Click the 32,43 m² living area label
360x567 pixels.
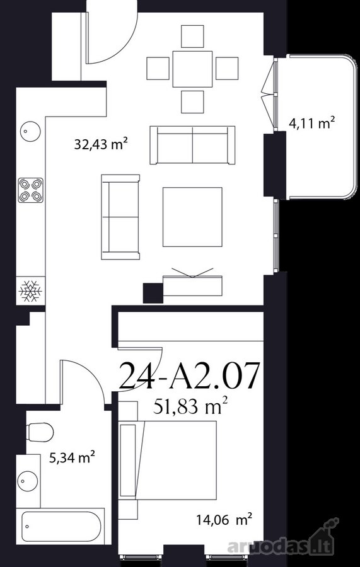click(x=101, y=144)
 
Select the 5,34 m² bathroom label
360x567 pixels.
click(x=73, y=457)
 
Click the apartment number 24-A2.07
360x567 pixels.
click(x=189, y=377)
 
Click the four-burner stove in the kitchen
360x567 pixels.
click(x=30, y=190)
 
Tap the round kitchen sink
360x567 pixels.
click(x=30, y=132)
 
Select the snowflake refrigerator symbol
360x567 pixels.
click(x=30, y=290)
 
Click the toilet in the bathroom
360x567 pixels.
click(x=40, y=432)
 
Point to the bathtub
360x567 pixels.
click(x=61, y=527)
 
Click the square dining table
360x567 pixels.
click(x=192, y=69)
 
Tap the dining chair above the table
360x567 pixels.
click(x=192, y=36)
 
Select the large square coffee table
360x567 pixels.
click(x=192, y=217)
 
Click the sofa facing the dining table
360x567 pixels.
click(x=192, y=145)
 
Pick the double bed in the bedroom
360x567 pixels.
click(x=168, y=460)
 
